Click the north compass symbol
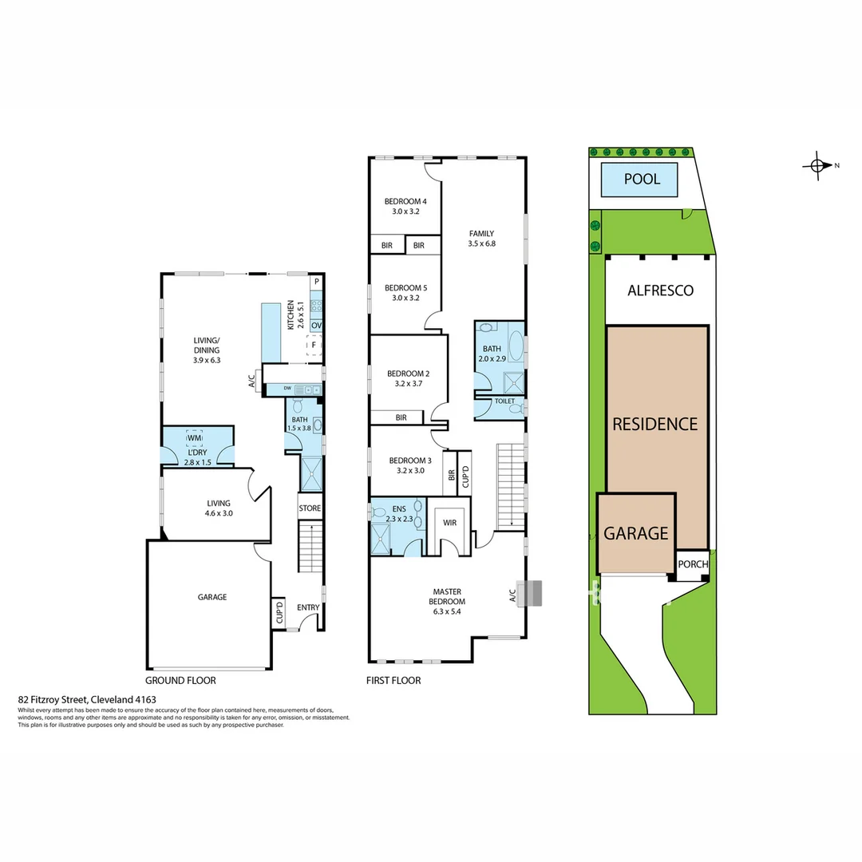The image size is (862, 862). click(817, 166)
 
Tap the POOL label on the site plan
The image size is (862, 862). click(642, 180)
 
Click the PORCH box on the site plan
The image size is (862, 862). click(693, 564)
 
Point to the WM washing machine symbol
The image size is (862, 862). click(194, 437)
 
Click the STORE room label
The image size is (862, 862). click(310, 508)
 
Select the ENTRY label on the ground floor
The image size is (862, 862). click(308, 607)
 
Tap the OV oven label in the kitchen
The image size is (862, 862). click(316, 326)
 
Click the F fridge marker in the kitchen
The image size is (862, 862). click(314, 345)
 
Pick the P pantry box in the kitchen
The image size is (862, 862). click(316, 282)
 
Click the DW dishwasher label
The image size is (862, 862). click(275, 389)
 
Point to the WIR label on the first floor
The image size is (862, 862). click(450, 524)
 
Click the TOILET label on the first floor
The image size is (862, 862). click(504, 401)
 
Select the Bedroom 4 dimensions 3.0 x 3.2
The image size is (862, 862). click(405, 212)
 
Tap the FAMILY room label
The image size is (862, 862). click(481, 234)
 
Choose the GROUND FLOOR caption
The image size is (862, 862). click(180, 681)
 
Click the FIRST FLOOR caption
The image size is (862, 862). click(393, 681)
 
